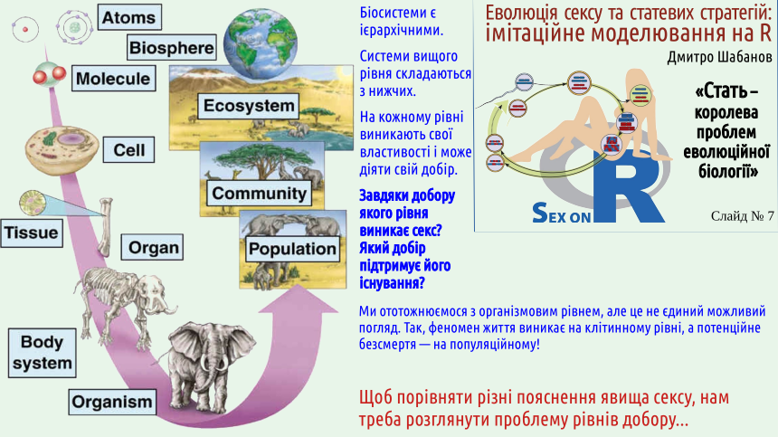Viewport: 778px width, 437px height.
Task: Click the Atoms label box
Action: [x=129, y=17]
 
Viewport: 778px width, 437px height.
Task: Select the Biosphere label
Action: [x=172, y=48]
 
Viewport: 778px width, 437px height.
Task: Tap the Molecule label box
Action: [x=113, y=79]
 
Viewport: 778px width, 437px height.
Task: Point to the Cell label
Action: [x=128, y=150]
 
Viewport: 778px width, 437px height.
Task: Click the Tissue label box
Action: [x=32, y=233]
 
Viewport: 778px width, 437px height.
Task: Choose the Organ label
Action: [x=152, y=247]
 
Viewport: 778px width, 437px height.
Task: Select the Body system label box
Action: [x=43, y=353]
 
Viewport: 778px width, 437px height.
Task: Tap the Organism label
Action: [x=112, y=402]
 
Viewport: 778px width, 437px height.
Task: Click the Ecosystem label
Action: [x=249, y=106]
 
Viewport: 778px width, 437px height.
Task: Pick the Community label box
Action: [x=259, y=193]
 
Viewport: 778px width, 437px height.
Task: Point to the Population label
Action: [x=293, y=249]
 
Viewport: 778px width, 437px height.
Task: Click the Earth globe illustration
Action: [x=260, y=43]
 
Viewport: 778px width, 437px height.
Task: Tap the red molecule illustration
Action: [x=49, y=75]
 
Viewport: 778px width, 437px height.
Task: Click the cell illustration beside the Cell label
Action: [x=62, y=149]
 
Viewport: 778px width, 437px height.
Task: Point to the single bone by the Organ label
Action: [x=105, y=227]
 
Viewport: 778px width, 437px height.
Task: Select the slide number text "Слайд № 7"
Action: [x=742, y=215]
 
